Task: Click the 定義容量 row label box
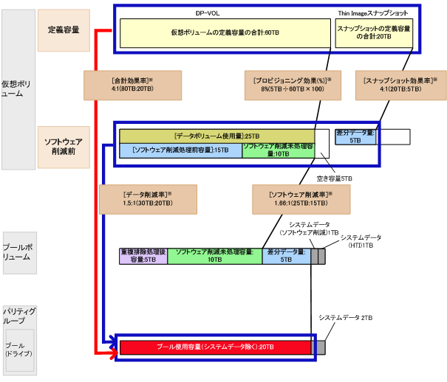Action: coord(64,30)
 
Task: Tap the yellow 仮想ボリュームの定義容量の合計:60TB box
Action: coord(225,33)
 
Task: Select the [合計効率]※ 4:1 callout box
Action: coord(133,84)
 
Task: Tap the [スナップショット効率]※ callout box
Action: coord(400,84)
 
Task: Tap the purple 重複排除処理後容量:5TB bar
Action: coord(143,256)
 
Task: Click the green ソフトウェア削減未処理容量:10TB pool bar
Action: coord(214,256)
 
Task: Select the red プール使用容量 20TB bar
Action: coord(217,347)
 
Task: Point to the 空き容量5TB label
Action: coord(335,178)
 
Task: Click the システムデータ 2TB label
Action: coord(345,317)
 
